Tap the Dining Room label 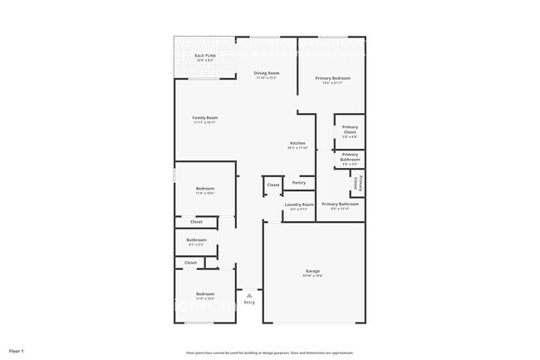[x=266, y=73]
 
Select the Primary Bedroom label [x=332, y=78]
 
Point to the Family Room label [x=204, y=118]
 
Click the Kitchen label [x=297, y=143]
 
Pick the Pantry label [x=299, y=182]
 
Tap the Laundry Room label [x=298, y=204]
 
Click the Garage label [x=313, y=271]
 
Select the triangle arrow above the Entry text [x=249, y=294]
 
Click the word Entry [x=249, y=302]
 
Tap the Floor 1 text [x=17, y=352]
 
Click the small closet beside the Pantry [x=272, y=185]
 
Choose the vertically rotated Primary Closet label [x=356, y=182]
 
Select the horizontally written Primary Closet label [x=350, y=130]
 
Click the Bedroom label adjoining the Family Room [x=204, y=189]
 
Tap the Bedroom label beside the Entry [x=204, y=293]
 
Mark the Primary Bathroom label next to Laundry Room [x=340, y=204]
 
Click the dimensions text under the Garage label [x=313, y=276]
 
